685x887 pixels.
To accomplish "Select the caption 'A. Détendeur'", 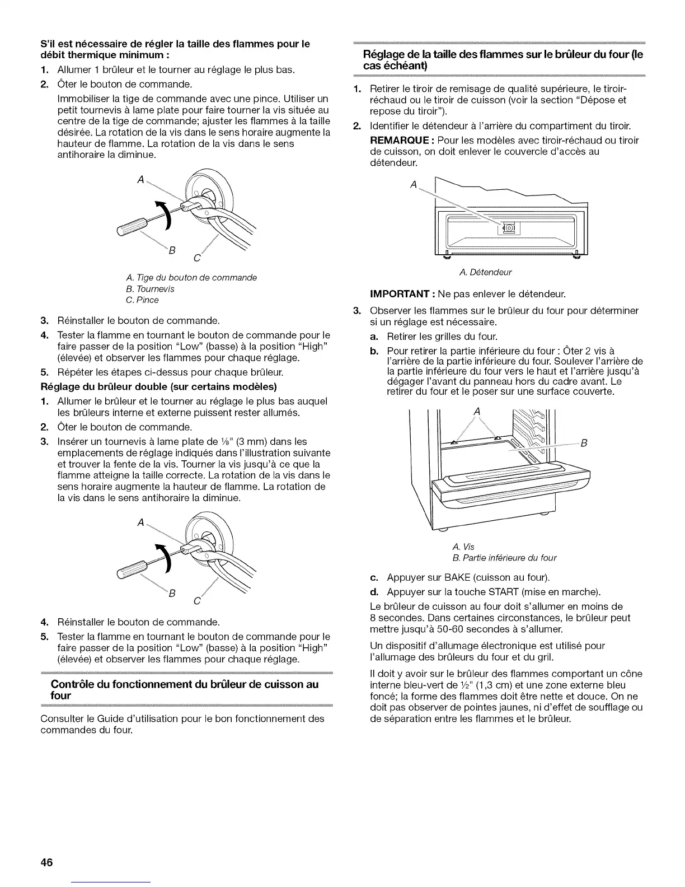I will click(485, 273).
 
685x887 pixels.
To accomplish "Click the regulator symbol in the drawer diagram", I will click(508, 228).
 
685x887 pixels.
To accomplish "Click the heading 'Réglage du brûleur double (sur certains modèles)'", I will click(159, 387).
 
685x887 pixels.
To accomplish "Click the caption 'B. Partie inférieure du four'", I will click(504, 558).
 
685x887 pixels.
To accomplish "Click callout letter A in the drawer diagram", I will click(414, 184).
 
